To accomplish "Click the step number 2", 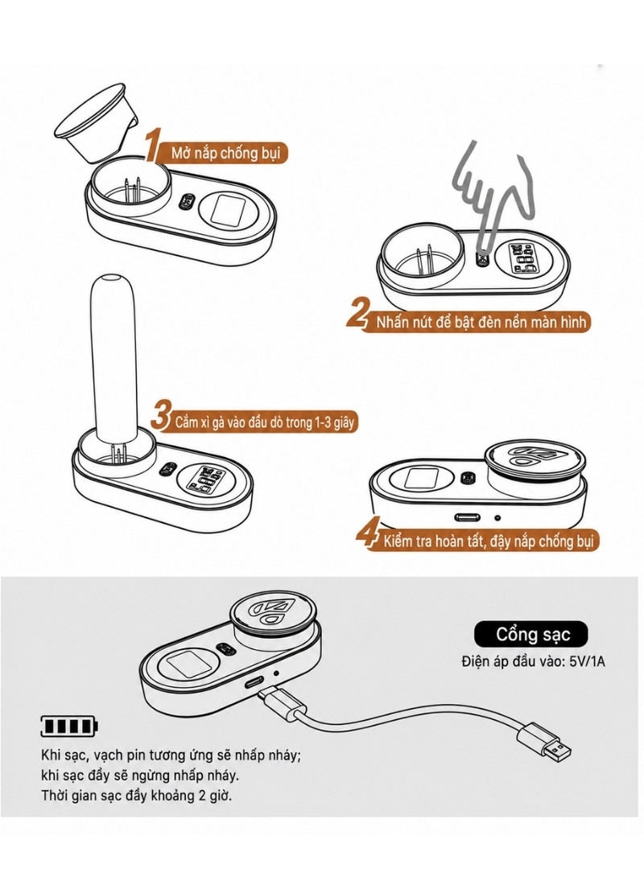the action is [x=357, y=315].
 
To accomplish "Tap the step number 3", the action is [x=161, y=415].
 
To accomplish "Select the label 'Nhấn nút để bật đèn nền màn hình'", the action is [x=481, y=323].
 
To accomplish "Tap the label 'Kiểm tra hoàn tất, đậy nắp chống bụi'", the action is [x=489, y=541].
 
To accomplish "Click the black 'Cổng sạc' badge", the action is [x=530, y=634].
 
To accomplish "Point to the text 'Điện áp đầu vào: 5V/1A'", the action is [x=533, y=661].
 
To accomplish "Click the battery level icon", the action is [x=68, y=726].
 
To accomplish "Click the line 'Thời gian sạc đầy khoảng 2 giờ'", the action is [x=137, y=796].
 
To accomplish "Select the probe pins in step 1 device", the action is [x=131, y=190].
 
